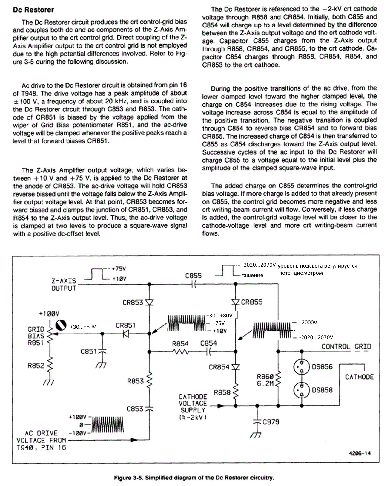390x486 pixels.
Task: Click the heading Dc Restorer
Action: [x=33, y=10]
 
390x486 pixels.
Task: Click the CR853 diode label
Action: [x=133, y=302]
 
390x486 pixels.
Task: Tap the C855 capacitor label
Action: [x=193, y=276]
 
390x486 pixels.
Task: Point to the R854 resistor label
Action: [x=180, y=344]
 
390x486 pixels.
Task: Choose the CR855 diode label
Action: [x=252, y=302]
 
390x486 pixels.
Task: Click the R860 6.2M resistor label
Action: [x=265, y=380]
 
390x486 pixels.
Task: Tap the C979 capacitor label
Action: [x=271, y=422]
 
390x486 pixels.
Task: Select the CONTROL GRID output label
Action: [x=346, y=347]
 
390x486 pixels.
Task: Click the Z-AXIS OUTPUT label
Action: [x=64, y=285]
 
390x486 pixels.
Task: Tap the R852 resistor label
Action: [x=36, y=366]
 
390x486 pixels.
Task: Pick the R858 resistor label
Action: [x=222, y=392]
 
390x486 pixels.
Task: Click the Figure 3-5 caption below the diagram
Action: [x=194, y=478]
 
